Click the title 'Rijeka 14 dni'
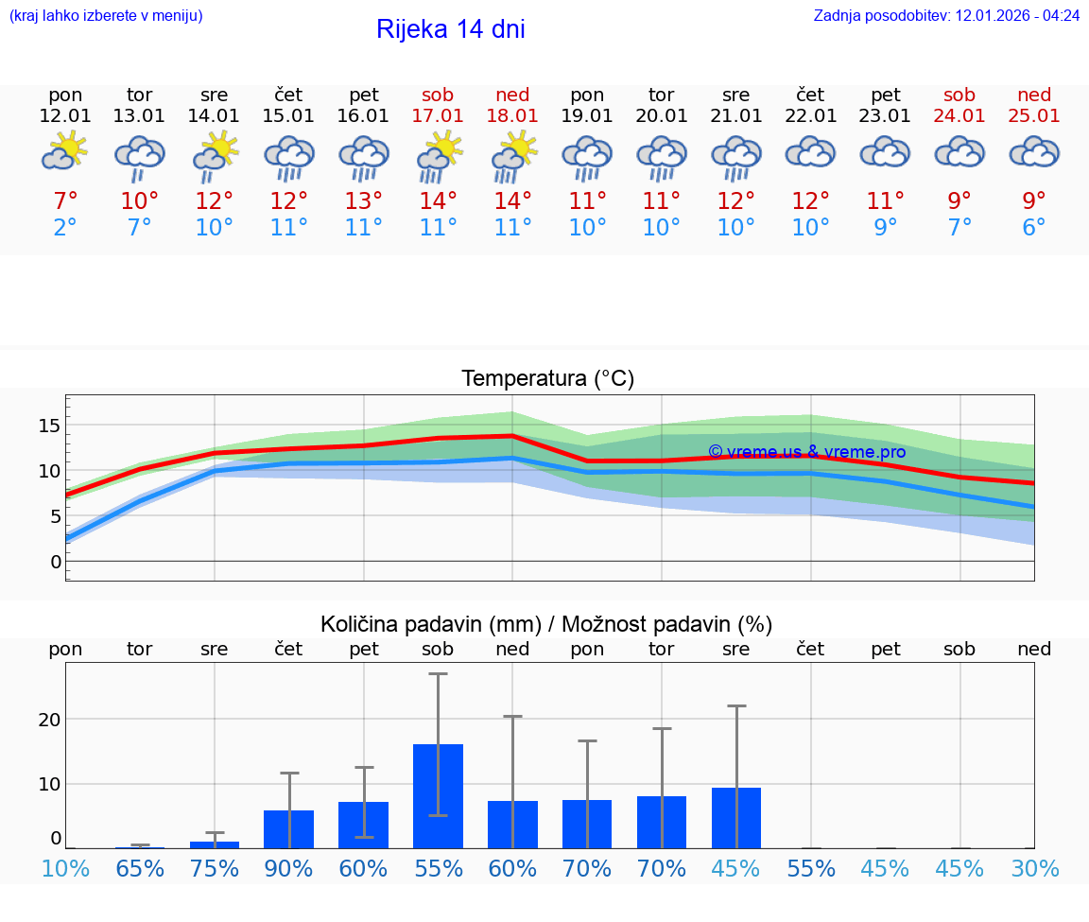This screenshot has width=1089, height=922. [450, 29]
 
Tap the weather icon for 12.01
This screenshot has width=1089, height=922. [64, 152]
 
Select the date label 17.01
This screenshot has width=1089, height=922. [438, 115]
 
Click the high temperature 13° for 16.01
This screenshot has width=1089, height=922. [363, 201]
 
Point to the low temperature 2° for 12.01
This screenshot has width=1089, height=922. [64, 228]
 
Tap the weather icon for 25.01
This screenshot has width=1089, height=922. [1034, 152]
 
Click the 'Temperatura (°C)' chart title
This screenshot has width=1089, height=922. [547, 379]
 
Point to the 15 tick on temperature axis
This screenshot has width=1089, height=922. [49, 426]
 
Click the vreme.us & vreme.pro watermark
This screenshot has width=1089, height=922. [806, 452]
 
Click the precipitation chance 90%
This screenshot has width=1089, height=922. [288, 869]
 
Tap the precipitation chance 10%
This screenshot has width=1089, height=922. [65, 869]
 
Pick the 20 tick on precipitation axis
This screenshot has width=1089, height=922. [49, 720]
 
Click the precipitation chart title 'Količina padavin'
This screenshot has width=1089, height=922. [546, 624]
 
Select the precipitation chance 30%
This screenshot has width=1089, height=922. [1034, 869]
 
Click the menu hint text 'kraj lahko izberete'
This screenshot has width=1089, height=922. [106, 16]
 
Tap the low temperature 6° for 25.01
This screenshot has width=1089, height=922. [1034, 228]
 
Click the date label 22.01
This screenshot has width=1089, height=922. [810, 115]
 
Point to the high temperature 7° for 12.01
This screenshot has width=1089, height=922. [64, 201]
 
